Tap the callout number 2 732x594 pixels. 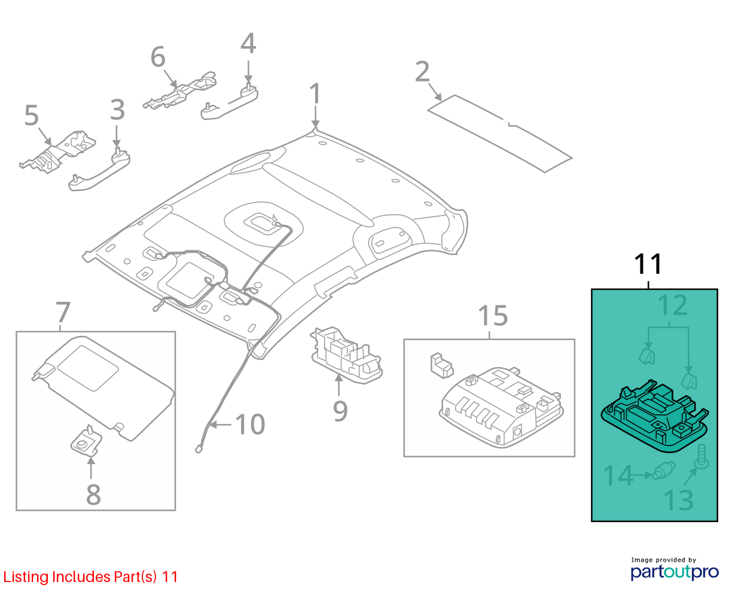click(422, 71)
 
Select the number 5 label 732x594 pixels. click(31, 116)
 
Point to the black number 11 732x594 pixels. click(648, 264)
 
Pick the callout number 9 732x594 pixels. click(340, 411)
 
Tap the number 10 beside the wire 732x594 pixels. click(250, 424)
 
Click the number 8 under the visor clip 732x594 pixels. click(93, 495)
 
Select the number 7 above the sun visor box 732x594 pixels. click(63, 312)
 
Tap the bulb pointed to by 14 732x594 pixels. click(664, 471)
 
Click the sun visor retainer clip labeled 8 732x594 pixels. click(86, 441)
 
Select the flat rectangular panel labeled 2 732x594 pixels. click(500, 134)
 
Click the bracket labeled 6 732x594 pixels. click(180, 91)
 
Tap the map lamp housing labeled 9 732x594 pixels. click(346, 355)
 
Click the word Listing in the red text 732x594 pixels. click(26, 577)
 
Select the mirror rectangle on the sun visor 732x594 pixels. click(89, 368)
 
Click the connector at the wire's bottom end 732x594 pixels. click(199, 448)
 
